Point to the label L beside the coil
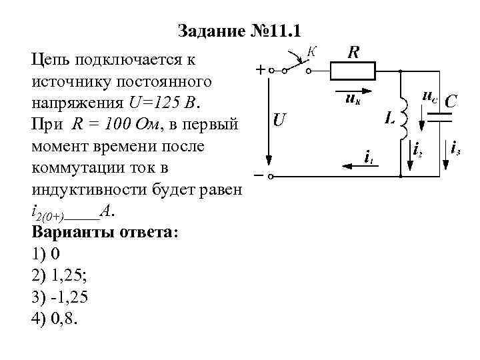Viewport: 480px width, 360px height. point(390,119)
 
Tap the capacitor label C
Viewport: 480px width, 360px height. point(451,101)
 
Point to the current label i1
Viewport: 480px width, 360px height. point(367,157)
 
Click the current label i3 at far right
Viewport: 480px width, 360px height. point(455,148)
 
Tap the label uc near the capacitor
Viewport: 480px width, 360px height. point(429,96)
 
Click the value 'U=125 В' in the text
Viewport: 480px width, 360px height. point(169,105)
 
